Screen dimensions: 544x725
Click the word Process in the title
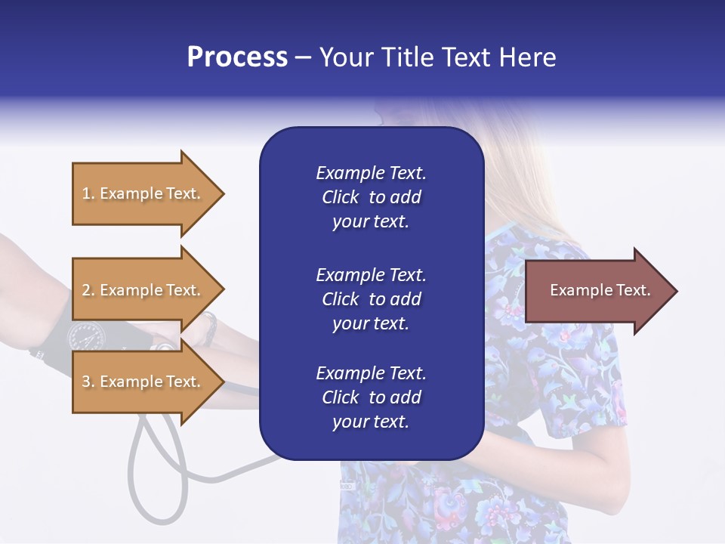click(x=237, y=57)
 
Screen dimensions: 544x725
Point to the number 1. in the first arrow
click(x=88, y=194)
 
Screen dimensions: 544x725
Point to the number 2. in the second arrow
click(x=88, y=291)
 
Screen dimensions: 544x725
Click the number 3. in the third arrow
click(x=88, y=382)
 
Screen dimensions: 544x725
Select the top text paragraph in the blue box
click(x=371, y=197)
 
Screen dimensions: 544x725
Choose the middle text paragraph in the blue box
click(x=371, y=299)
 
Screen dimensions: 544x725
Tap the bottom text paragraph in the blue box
click(x=371, y=397)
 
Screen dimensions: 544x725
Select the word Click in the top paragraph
click(x=341, y=197)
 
